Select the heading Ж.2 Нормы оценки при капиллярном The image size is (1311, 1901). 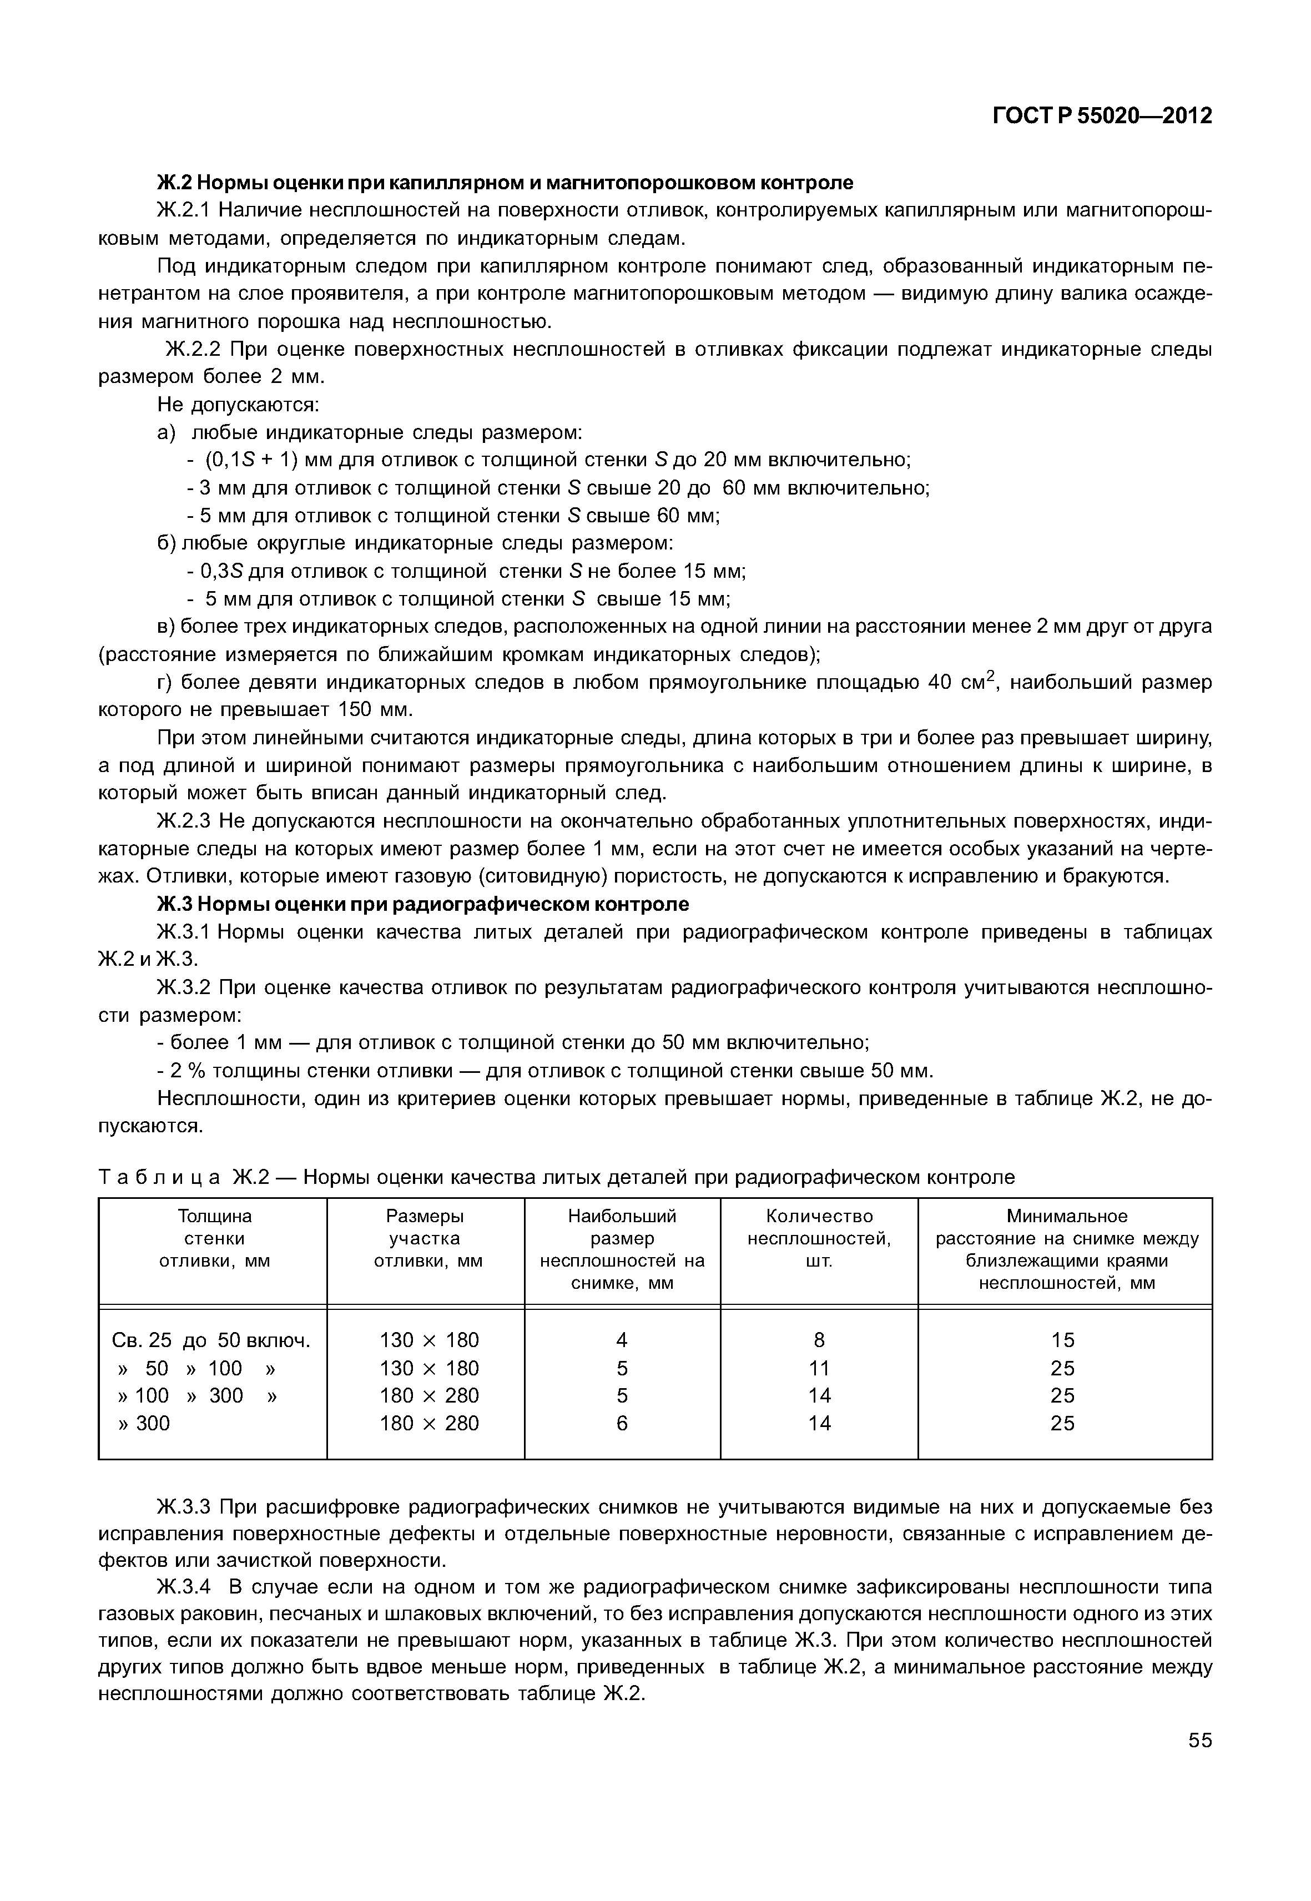tap(505, 183)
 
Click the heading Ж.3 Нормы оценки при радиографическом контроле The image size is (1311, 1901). tap(422, 905)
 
